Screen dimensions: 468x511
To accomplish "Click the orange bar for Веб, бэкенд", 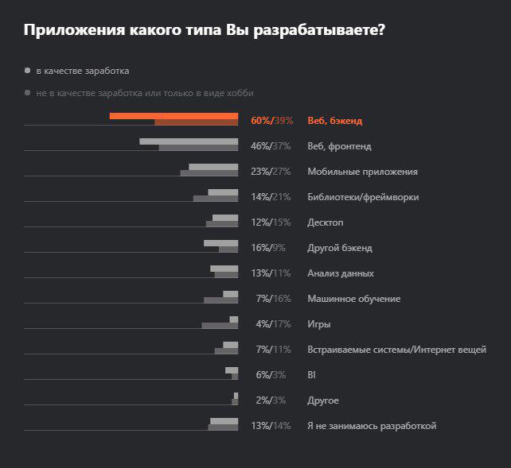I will [x=174, y=116].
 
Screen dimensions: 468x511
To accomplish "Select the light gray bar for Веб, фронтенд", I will [x=189, y=141].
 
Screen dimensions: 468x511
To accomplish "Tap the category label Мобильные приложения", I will [x=362, y=172].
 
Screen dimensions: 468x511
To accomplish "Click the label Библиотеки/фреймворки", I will [x=362, y=197].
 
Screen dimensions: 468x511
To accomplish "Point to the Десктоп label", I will [x=325, y=222].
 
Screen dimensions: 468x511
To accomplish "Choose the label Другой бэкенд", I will [x=339, y=248].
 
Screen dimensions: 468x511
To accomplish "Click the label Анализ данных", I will [x=340, y=273].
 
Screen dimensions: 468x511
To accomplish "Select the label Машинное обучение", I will [x=353, y=299].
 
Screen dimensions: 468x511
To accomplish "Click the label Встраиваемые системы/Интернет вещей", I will [x=396, y=350].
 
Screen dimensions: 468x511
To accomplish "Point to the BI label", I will [x=311, y=375].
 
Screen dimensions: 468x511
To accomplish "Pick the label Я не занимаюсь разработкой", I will [x=372, y=426].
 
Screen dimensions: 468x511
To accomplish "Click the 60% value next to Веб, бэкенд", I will [x=260, y=121].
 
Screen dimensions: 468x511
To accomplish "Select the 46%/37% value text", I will [x=271, y=146].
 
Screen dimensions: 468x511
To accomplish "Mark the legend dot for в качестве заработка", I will [x=28, y=71].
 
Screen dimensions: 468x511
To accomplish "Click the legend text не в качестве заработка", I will [x=144, y=93].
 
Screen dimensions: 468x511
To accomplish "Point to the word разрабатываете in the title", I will [x=310, y=31].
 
